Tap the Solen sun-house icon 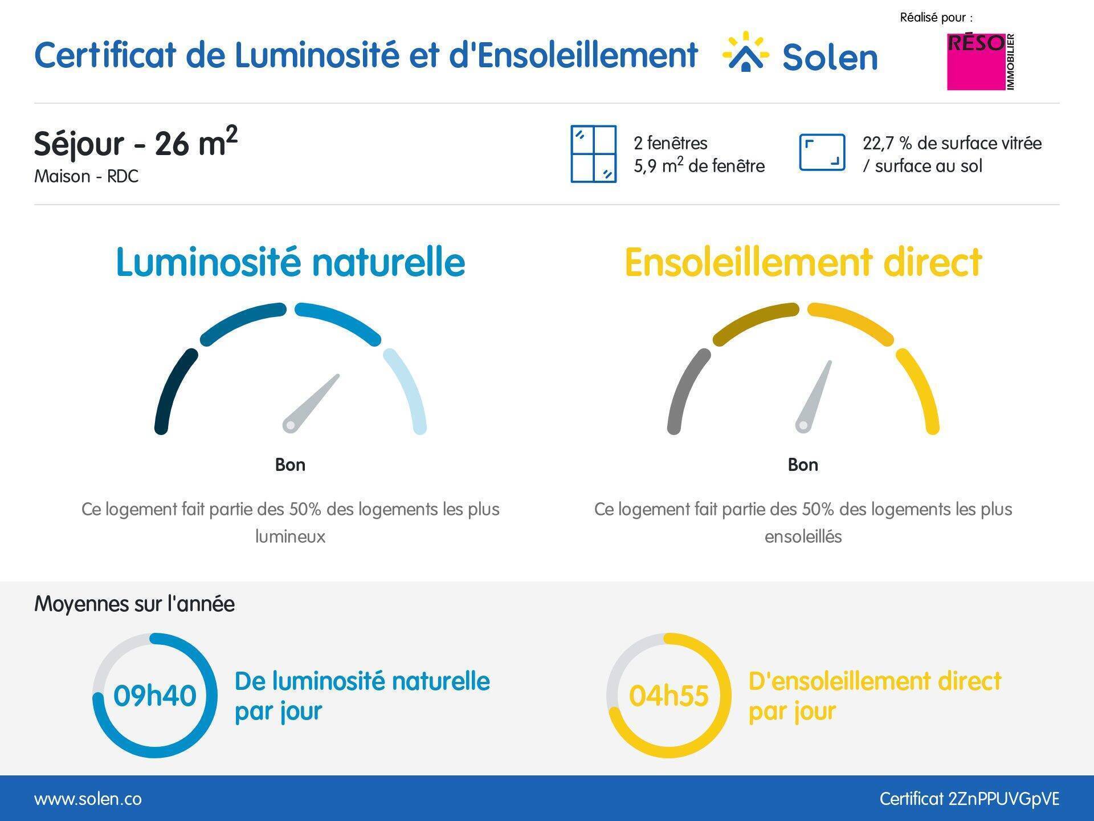point(746,52)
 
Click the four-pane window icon point(594,154)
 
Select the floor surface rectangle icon point(822,152)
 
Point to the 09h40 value point(154,696)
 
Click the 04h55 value point(668,696)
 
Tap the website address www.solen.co point(88,799)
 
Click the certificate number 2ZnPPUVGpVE point(1004,799)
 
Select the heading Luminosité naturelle point(291,262)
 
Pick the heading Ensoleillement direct point(803,262)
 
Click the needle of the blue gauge point(312,403)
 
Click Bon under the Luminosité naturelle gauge point(290,465)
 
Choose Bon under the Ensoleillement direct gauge point(803,465)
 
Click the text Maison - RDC point(86,176)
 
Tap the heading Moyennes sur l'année point(134,604)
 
